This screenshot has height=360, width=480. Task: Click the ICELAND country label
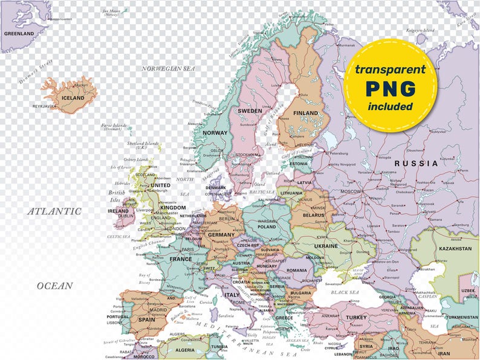pos(73,97)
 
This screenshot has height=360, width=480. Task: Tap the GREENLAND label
pos(19,33)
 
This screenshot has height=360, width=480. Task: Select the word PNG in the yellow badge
pos(390,88)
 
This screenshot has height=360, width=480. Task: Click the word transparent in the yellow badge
pos(390,69)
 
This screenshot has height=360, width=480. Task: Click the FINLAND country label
pos(305,113)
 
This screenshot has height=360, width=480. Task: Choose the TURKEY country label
pos(356,317)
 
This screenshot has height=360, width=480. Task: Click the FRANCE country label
pos(180,259)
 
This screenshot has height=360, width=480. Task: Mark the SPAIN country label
pos(146,319)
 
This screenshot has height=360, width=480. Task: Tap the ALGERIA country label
pos(185,350)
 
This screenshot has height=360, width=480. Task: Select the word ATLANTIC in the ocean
pos(54,211)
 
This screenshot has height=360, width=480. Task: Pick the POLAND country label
pos(267,228)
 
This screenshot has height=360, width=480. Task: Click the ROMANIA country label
pos(297,270)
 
